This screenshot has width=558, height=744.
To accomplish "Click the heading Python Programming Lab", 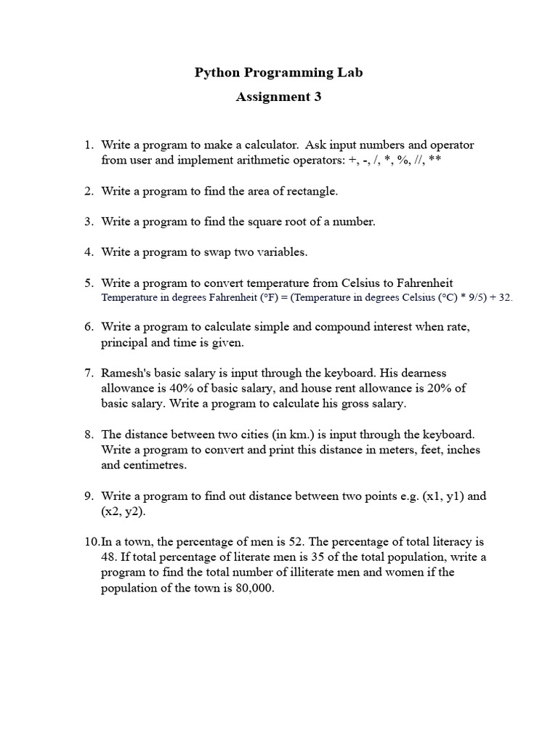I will (x=278, y=73).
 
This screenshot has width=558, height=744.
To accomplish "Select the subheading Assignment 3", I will (x=278, y=97).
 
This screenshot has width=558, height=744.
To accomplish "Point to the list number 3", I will (x=88, y=222).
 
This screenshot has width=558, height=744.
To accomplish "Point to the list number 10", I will (x=90, y=542).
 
